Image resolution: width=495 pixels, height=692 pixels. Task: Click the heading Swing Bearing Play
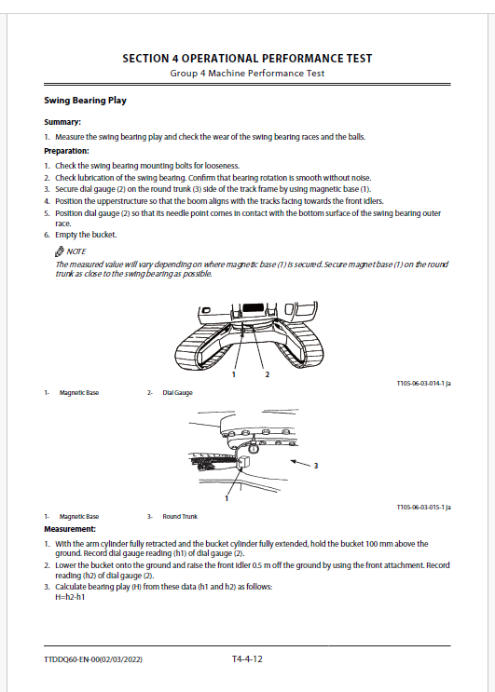pyautogui.click(x=85, y=101)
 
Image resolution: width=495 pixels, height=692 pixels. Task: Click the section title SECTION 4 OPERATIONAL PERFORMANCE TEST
pyautogui.click(x=247, y=59)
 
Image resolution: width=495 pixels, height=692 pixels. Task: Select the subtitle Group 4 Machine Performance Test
pyautogui.click(x=247, y=74)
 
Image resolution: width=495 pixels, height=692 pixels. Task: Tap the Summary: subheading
pyautogui.click(x=62, y=122)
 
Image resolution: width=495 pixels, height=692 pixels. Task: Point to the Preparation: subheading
pyautogui.click(x=66, y=151)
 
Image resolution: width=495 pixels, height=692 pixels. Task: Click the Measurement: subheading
pyautogui.click(x=70, y=529)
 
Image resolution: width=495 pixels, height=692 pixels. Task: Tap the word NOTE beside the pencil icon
pyautogui.click(x=76, y=251)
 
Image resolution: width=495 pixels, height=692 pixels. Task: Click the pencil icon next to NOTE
pyautogui.click(x=59, y=251)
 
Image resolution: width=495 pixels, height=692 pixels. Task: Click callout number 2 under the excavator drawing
pyautogui.click(x=268, y=374)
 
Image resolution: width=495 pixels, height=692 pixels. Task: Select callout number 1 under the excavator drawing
pyautogui.click(x=234, y=374)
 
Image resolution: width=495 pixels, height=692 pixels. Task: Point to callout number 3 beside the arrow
pyautogui.click(x=316, y=466)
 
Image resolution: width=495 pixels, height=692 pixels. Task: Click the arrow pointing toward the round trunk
pyautogui.click(x=300, y=463)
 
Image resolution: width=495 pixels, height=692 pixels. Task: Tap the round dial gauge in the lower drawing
pyautogui.click(x=254, y=448)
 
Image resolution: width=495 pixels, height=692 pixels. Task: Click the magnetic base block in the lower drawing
pyautogui.click(x=243, y=462)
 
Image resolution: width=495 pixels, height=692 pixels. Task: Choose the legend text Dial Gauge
pyautogui.click(x=177, y=393)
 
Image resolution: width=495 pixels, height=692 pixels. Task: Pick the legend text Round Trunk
pyautogui.click(x=180, y=516)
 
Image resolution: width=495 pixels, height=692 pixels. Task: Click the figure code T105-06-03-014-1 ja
pyautogui.click(x=423, y=384)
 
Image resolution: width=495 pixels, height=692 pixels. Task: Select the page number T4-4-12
pyautogui.click(x=247, y=658)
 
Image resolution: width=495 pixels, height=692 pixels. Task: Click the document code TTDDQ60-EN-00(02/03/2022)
pyautogui.click(x=93, y=659)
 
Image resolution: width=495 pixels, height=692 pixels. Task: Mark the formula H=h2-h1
pyautogui.click(x=70, y=597)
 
